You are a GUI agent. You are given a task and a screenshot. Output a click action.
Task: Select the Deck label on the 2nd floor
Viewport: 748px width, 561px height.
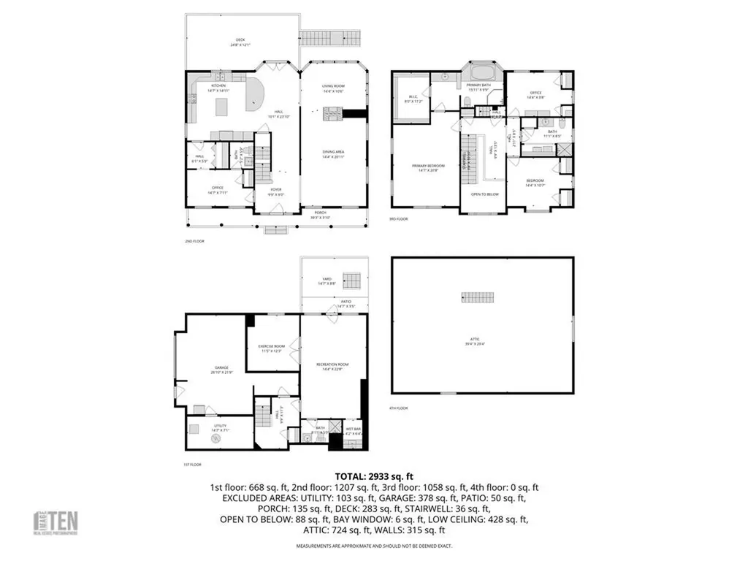point(240,42)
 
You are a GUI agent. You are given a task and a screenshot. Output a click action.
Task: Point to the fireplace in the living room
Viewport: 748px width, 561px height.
point(333,112)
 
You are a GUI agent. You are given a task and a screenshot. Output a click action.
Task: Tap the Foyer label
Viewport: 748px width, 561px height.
point(275,191)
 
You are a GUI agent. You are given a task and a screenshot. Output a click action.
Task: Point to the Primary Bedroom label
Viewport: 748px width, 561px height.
point(428,168)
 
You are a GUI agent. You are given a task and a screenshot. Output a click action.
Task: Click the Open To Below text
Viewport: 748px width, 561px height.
point(485,194)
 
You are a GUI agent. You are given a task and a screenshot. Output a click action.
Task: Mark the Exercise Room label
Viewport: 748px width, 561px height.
point(270,348)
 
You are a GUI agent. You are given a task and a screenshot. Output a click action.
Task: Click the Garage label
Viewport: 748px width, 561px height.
point(221,370)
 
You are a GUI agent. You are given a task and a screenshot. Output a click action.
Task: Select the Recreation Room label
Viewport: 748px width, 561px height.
point(333,365)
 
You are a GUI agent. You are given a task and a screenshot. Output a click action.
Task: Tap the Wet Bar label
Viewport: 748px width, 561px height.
point(353,431)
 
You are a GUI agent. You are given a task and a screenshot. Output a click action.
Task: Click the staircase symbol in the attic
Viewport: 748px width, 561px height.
point(472,297)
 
